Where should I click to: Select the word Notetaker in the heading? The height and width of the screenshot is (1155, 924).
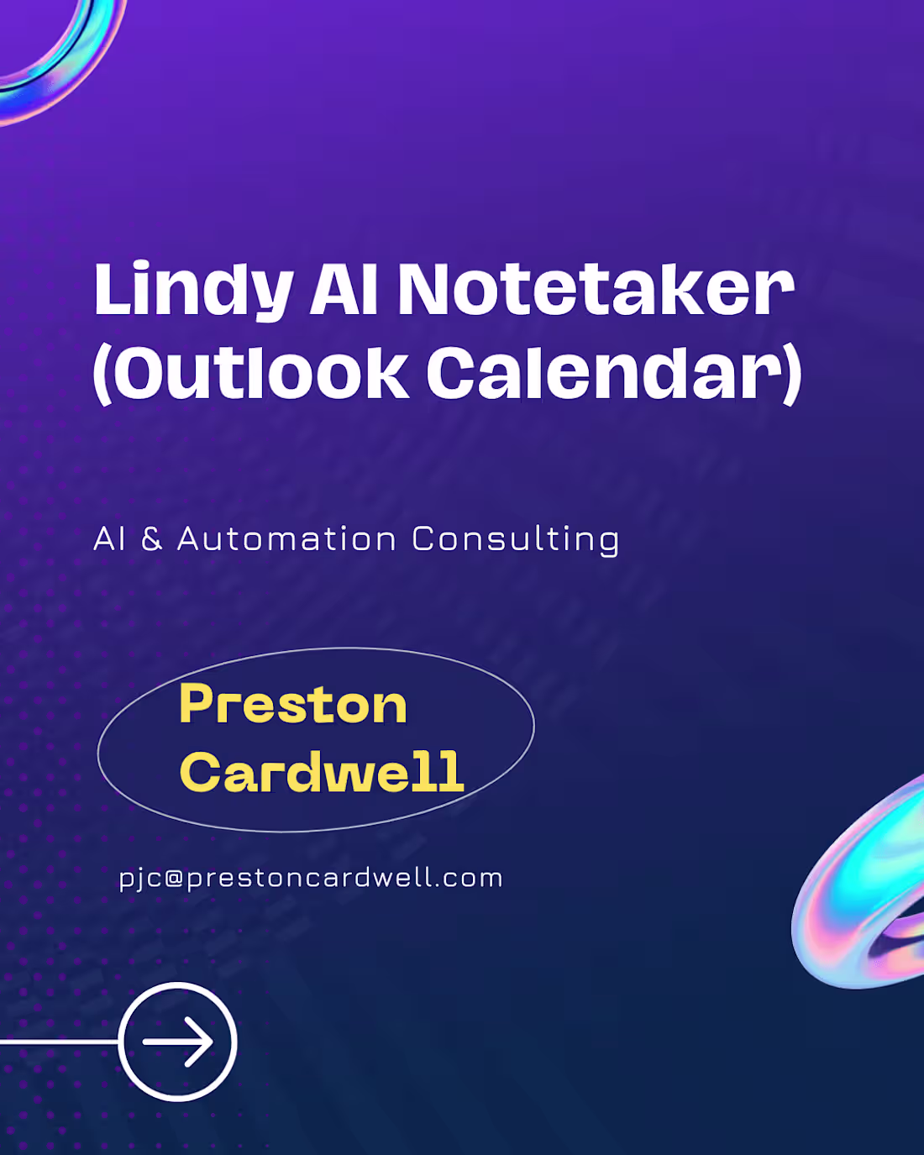595,290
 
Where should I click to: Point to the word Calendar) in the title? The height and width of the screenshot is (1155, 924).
613,373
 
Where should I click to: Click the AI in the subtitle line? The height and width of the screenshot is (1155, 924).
109,539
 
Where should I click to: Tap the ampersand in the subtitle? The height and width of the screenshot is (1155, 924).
152,539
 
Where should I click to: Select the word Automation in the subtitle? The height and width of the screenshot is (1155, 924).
286,539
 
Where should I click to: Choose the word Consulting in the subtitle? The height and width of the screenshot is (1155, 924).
516,539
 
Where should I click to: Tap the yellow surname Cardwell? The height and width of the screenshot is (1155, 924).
322,772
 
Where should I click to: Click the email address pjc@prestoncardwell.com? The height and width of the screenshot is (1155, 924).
311,879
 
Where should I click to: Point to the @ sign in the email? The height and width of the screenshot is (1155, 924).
174,879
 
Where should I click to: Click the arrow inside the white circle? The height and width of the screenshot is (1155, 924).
178,1042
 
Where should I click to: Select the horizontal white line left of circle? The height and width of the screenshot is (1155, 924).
59,1042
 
